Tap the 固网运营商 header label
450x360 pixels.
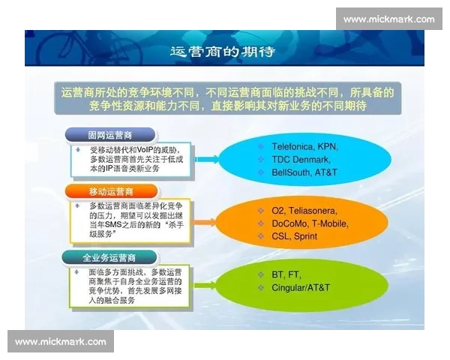(x=109, y=135)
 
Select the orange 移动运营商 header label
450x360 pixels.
(x=109, y=191)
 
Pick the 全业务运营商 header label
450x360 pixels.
(x=109, y=257)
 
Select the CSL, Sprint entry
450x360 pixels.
(x=294, y=236)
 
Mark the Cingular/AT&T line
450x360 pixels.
(x=301, y=288)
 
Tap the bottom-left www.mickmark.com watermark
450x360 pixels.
(x=61, y=341)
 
